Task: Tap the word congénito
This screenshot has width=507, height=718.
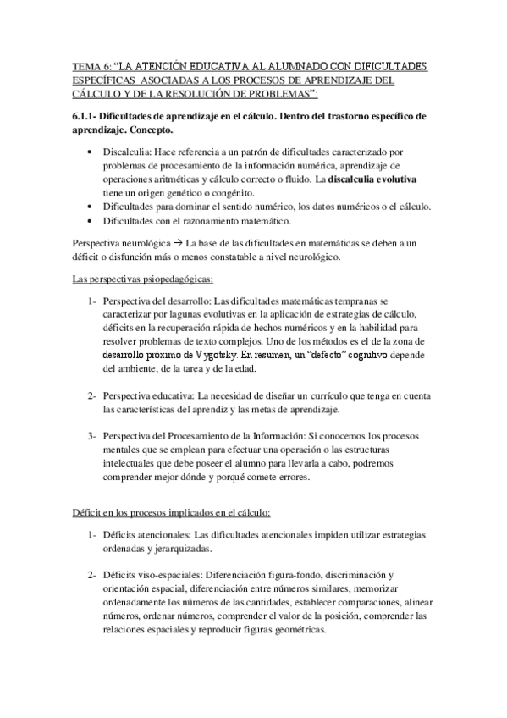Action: tap(224, 193)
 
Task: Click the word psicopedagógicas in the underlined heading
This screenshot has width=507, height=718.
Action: tap(170, 279)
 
